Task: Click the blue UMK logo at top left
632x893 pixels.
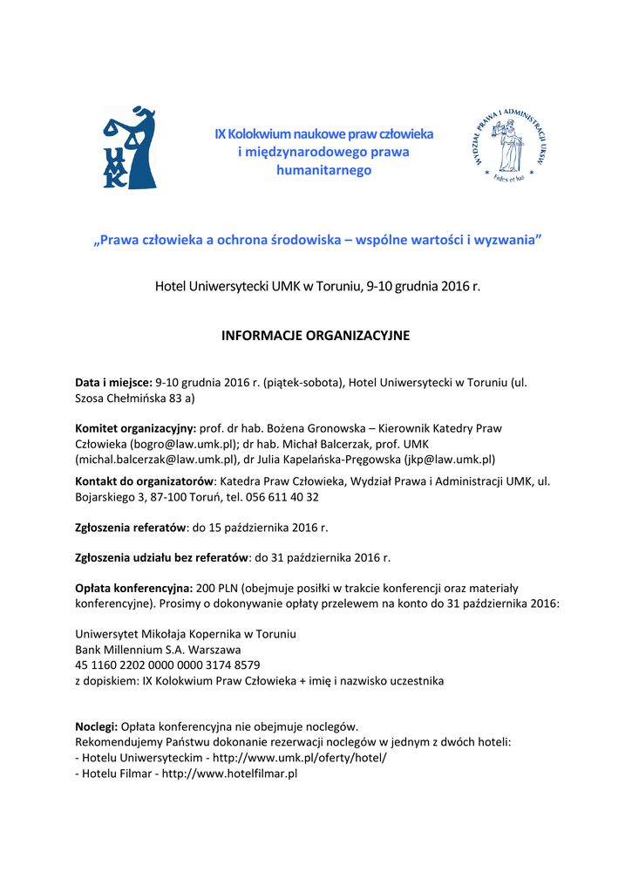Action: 129,147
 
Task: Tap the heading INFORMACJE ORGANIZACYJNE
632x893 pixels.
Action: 315,335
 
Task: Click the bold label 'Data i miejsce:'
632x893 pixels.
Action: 113,382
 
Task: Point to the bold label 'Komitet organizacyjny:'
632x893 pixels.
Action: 135,428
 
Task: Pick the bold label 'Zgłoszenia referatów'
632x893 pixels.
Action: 131,527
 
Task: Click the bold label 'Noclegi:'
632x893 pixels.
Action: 96,726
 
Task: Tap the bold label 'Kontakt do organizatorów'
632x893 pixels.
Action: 145,481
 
